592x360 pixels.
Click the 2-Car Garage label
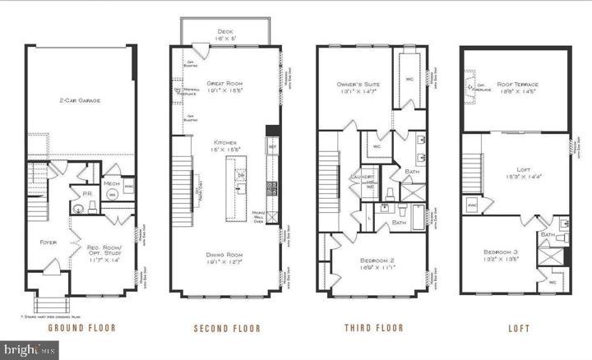80,100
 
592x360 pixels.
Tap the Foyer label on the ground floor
49,242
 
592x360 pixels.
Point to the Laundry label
363,177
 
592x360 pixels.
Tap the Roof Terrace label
517,85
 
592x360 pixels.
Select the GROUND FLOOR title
81,328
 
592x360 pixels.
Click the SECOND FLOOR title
227,328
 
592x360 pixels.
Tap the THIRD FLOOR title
374,328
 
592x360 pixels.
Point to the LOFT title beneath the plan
519,328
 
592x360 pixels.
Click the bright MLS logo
30,348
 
